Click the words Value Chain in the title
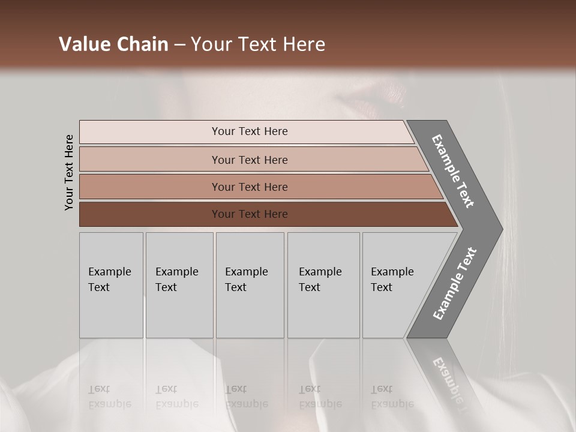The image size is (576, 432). pos(113,44)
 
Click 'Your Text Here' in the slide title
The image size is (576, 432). pos(258,44)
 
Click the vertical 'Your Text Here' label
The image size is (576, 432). pos(69,173)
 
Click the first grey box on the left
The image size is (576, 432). pos(111,285)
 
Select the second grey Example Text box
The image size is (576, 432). pos(179,285)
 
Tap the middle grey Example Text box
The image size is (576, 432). pos(250,285)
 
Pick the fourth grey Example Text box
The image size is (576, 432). pos(323,285)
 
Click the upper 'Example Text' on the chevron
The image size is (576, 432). pos(453,171)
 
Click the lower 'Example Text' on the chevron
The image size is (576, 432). pos(454,284)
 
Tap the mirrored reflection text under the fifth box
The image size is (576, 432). pos(392,397)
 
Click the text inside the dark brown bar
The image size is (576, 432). pos(250,214)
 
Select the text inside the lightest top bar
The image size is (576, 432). pos(250,131)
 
